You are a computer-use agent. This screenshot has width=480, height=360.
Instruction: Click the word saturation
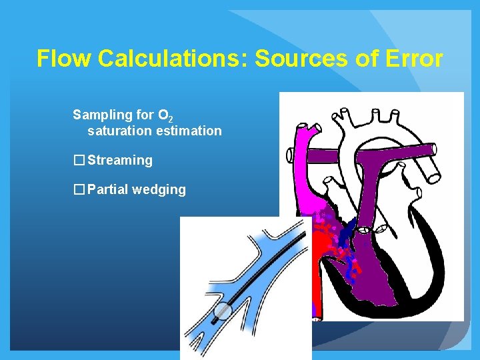coord(119,131)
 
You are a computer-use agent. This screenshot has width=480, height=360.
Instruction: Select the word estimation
coord(189,131)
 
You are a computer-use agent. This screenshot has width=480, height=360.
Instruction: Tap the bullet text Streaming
coord(119,160)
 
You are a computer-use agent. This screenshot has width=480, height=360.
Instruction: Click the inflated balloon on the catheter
coord(223,312)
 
